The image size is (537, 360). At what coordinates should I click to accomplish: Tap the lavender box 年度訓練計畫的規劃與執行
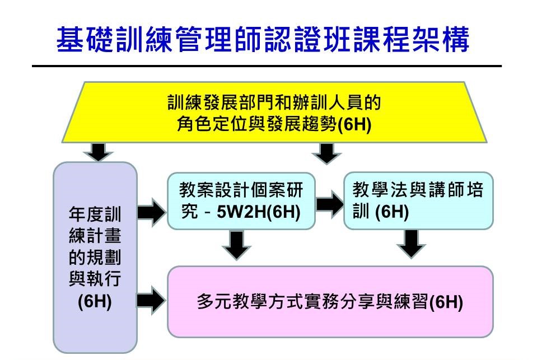point(95,258)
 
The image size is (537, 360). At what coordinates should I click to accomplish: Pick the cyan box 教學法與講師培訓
point(418,201)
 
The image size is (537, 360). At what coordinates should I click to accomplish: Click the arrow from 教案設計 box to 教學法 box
point(329,204)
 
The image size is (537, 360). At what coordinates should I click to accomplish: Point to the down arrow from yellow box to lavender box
point(99,151)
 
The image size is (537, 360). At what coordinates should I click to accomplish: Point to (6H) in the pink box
point(446,302)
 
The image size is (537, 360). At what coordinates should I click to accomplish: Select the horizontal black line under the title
point(267,66)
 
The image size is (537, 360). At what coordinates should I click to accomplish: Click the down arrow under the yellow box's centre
point(326,152)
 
